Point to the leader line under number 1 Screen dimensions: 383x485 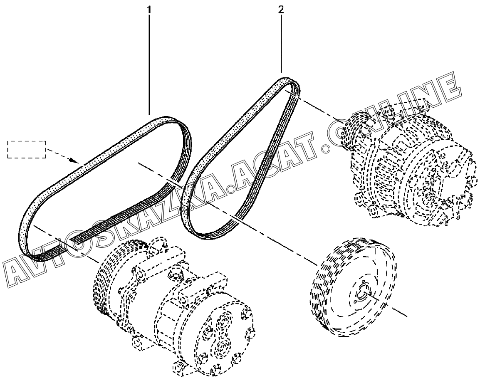pyautogui.click(x=149, y=62)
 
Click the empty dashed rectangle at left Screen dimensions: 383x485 pyautogui.click(x=26, y=149)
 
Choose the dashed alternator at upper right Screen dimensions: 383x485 pyautogui.click(x=412, y=166)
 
